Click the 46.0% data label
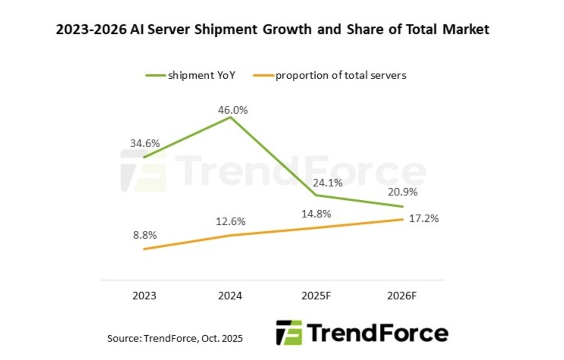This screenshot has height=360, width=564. [233, 110]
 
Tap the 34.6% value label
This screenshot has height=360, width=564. [145, 144]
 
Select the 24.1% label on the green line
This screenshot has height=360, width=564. [327, 183]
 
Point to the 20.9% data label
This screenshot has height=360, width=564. [403, 192]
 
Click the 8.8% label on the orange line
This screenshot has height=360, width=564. [145, 235]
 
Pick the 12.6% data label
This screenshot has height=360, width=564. [230, 222]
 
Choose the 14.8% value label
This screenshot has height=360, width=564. [316, 214]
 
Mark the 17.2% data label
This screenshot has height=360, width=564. [424, 219]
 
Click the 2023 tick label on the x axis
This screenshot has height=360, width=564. [144, 296]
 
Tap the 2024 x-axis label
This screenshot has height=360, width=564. [230, 296]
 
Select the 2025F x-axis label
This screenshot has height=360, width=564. [316, 296]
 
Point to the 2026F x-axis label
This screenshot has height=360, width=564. [402, 296]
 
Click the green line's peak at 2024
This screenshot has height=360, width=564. [230, 117]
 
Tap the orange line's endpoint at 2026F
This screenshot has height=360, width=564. [402, 219]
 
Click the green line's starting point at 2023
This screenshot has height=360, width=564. [144, 157]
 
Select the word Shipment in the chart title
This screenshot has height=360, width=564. [226, 29]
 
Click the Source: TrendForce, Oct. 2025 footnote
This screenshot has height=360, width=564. [175, 338]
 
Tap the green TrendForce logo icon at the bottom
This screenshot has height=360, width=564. [289, 333]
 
